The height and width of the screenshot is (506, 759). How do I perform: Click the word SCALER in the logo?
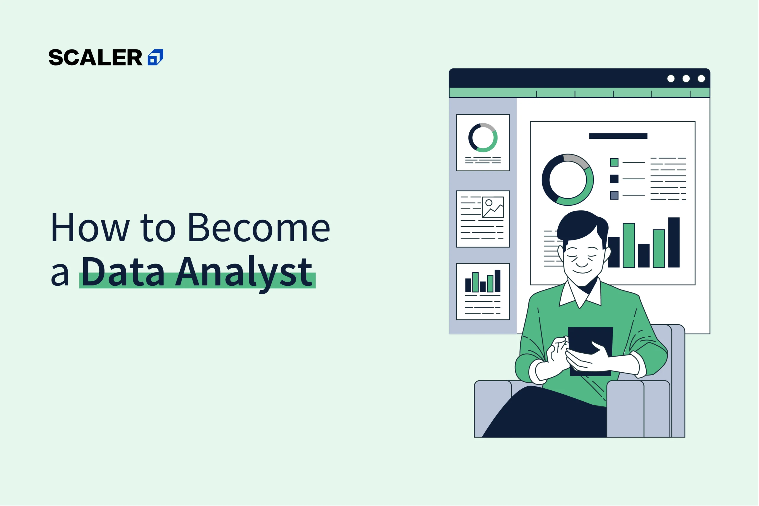point(95,58)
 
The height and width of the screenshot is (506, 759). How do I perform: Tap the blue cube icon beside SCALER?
point(156,58)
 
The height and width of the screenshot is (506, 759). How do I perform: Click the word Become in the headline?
point(259,227)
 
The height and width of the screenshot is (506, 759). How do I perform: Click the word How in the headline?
point(90,227)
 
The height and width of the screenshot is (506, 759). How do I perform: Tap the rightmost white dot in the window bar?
point(701,79)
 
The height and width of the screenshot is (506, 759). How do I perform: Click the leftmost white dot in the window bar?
point(671,79)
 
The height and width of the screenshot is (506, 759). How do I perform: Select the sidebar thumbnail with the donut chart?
point(483,143)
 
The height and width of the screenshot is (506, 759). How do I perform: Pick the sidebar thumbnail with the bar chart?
point(483,292)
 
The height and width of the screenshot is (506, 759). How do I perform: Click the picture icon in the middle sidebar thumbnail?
point(493,207)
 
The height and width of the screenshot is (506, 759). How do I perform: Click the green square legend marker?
point(614,162)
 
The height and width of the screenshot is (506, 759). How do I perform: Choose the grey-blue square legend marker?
point(614,195)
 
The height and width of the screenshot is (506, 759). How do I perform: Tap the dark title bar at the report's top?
point(618,136)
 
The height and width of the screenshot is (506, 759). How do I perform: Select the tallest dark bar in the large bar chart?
point(674,242)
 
